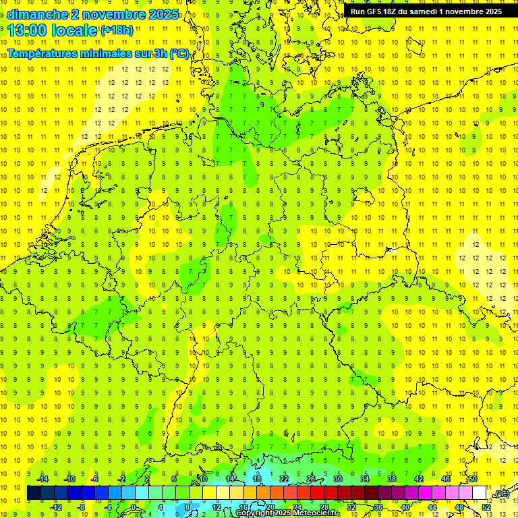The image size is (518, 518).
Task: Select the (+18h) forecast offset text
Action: pos(117,30)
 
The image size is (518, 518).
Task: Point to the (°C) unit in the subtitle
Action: pos(179,54)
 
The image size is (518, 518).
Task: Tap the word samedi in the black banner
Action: pos(428,11)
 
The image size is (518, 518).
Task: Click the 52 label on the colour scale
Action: pos(486,507)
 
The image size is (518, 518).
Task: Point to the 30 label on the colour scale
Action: pos(338,479)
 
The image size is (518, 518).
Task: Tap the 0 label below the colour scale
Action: pos(134,507)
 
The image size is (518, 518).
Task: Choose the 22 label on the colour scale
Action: pos(284,479)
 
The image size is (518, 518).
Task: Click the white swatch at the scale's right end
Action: pos(480,493)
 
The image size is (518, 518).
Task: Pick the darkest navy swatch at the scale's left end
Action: pos(34,493)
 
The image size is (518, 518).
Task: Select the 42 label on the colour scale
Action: pos(419,479)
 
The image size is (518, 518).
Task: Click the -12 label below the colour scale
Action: pos(56,507)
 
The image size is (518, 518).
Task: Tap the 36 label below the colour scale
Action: pos(378,507)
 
